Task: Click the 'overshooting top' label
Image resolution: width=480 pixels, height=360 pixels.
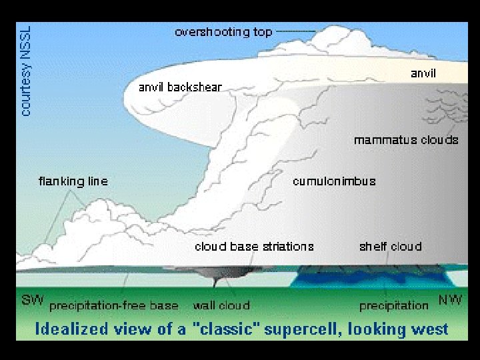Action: pos(223,32)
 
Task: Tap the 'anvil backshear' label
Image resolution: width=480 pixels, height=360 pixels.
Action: pos(180,87)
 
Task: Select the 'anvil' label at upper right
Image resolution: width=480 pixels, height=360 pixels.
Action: pos(423,73)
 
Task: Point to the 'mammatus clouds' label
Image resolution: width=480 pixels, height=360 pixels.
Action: pos(406,140)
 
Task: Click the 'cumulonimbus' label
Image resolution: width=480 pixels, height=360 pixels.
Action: pos(334,181)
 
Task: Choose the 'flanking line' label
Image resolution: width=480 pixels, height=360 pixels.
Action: pos(73,181)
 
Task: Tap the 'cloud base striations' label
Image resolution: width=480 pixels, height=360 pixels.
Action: pos(254,247)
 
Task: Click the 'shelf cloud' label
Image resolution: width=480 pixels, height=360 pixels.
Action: pos(390,247)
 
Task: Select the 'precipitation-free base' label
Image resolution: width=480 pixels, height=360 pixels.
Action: pos(114,305)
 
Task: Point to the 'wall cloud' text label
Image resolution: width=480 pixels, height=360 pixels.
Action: pos(221,305)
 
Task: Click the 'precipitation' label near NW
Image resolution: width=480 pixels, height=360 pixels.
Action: pos(393,305)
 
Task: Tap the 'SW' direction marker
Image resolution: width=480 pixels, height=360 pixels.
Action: pos(33,301)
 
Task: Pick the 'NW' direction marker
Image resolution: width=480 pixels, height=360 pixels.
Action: pos(450,301)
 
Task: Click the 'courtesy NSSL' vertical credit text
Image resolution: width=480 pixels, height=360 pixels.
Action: pos(26,70)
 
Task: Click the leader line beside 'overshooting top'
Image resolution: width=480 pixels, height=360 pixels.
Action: pos(295,31)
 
